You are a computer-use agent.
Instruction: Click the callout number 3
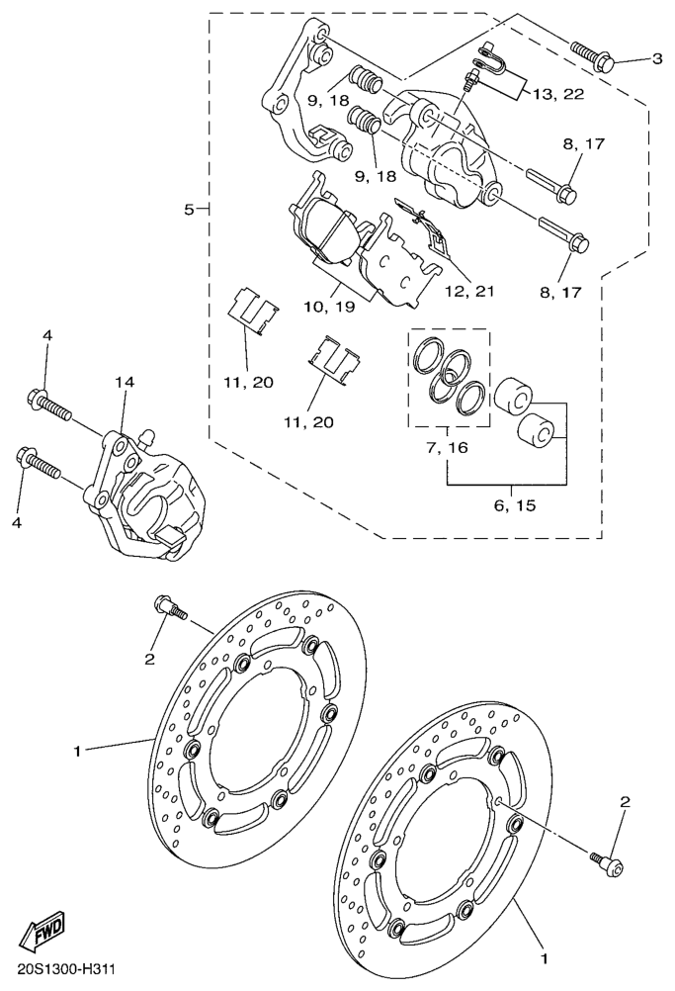657,58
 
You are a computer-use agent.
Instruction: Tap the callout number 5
188,209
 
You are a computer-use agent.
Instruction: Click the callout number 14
124,381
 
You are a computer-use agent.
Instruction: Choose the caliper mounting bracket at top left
301,94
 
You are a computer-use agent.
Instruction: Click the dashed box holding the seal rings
450,378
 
